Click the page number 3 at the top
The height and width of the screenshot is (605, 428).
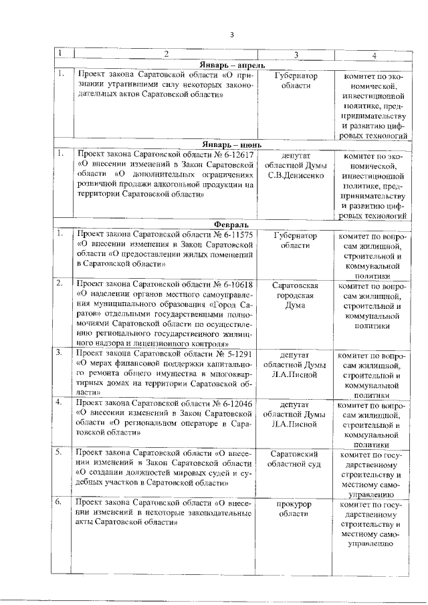click(231, 35)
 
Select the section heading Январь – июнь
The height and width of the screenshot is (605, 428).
click(231, 144)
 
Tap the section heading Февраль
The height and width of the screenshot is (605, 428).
click(231, 223)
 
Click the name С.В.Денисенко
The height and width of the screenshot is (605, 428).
click(296, 176)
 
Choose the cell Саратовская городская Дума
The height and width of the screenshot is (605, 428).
click(296, 295)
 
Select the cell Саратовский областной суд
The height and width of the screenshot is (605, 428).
click(296, 459)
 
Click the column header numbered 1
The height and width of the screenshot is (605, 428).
click(60, 54)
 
